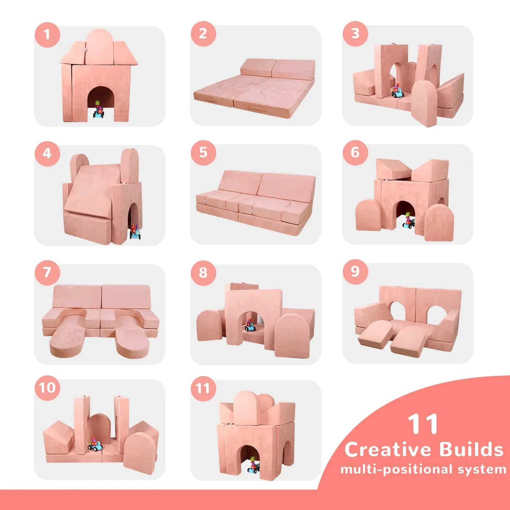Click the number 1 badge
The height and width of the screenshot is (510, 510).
(x=47, y=34)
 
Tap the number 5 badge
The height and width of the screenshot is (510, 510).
(x=203, y=153)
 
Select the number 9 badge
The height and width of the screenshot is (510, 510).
(x=355, y=272)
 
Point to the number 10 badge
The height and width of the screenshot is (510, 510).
(x=47, y=388)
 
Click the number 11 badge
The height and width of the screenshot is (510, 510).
(x=203, y=388)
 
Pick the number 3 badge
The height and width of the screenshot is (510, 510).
(x=355, y=34)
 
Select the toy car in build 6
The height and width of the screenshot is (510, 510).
(x=409, y=221)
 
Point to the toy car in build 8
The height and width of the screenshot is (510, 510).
(x=250, y=325)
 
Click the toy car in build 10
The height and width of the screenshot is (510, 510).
(x=95, y=444)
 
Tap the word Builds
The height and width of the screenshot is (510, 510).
(x=471, y=449)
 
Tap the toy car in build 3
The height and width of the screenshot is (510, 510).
(x=397, y=90)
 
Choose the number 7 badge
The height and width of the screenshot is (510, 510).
(x=47, y=272)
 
